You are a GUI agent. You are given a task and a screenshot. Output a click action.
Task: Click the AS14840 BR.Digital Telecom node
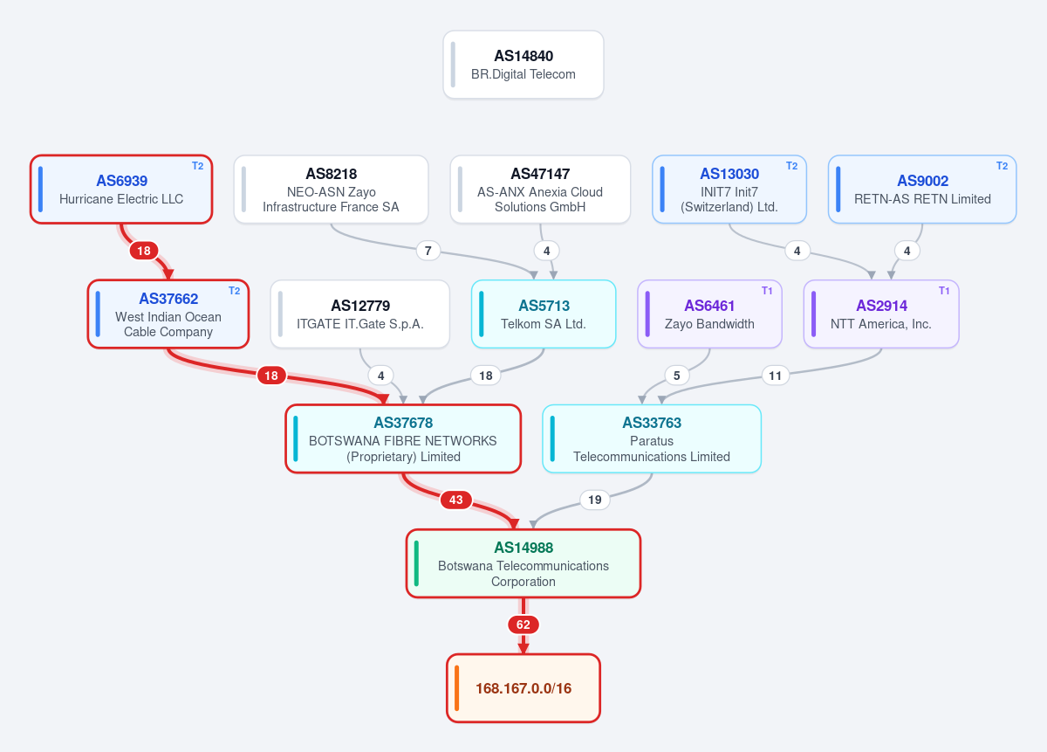click(523, 65)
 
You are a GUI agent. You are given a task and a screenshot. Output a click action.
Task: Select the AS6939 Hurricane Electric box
click(121, 190)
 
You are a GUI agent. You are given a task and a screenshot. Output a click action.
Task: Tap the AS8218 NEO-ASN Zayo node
click(331, 190)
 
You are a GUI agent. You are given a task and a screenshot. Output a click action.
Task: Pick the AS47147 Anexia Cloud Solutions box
click(540, 190)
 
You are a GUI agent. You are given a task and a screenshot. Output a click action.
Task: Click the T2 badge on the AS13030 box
click(791, 166)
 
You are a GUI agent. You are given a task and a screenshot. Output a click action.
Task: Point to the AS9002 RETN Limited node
click(922, 190)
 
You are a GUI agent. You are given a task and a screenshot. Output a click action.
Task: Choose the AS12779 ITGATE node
click(359, 314)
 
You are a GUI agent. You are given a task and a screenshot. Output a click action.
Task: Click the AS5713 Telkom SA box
click(544, 314)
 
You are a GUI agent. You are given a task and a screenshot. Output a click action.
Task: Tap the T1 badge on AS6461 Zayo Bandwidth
click(767, 291)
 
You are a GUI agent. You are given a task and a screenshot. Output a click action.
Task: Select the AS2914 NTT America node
click(881, 314)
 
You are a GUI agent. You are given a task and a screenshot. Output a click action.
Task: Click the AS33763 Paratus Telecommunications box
click(652, 439)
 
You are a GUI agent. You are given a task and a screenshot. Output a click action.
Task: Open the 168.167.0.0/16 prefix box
click(523, 688)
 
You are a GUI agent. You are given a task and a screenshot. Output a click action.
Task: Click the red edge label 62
click(523, 624)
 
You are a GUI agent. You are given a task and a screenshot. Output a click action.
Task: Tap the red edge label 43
click(455, 500)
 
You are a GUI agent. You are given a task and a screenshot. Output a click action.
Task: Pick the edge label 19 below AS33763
click(594, 500)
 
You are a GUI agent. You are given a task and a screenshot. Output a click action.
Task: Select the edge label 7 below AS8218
click(428, 251)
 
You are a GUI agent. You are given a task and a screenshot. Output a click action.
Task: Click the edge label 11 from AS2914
click(775, 376)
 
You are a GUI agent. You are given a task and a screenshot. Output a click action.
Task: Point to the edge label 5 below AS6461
click(676, 376)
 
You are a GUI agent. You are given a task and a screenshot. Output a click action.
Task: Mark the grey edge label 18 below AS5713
click(486, 376)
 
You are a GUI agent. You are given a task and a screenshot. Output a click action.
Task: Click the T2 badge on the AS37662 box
click(234, 291)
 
